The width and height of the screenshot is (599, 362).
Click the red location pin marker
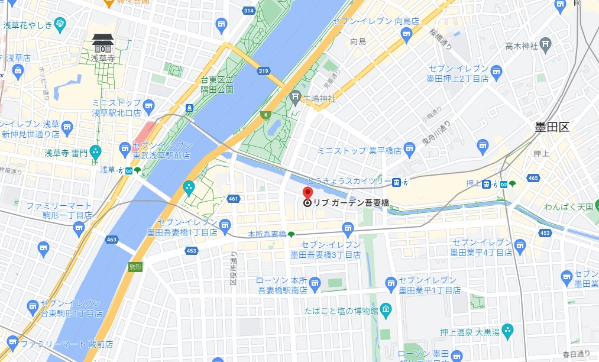307,193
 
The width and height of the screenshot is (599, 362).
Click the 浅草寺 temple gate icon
103,43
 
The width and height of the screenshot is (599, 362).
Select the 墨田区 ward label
552,127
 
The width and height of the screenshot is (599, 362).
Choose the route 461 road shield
234,199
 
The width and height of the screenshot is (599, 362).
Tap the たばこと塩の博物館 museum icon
386,309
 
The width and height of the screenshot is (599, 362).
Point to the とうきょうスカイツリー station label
349,181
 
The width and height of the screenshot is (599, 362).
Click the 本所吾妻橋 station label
267,235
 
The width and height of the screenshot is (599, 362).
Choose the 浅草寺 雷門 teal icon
95,153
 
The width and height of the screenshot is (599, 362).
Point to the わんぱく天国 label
568,206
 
